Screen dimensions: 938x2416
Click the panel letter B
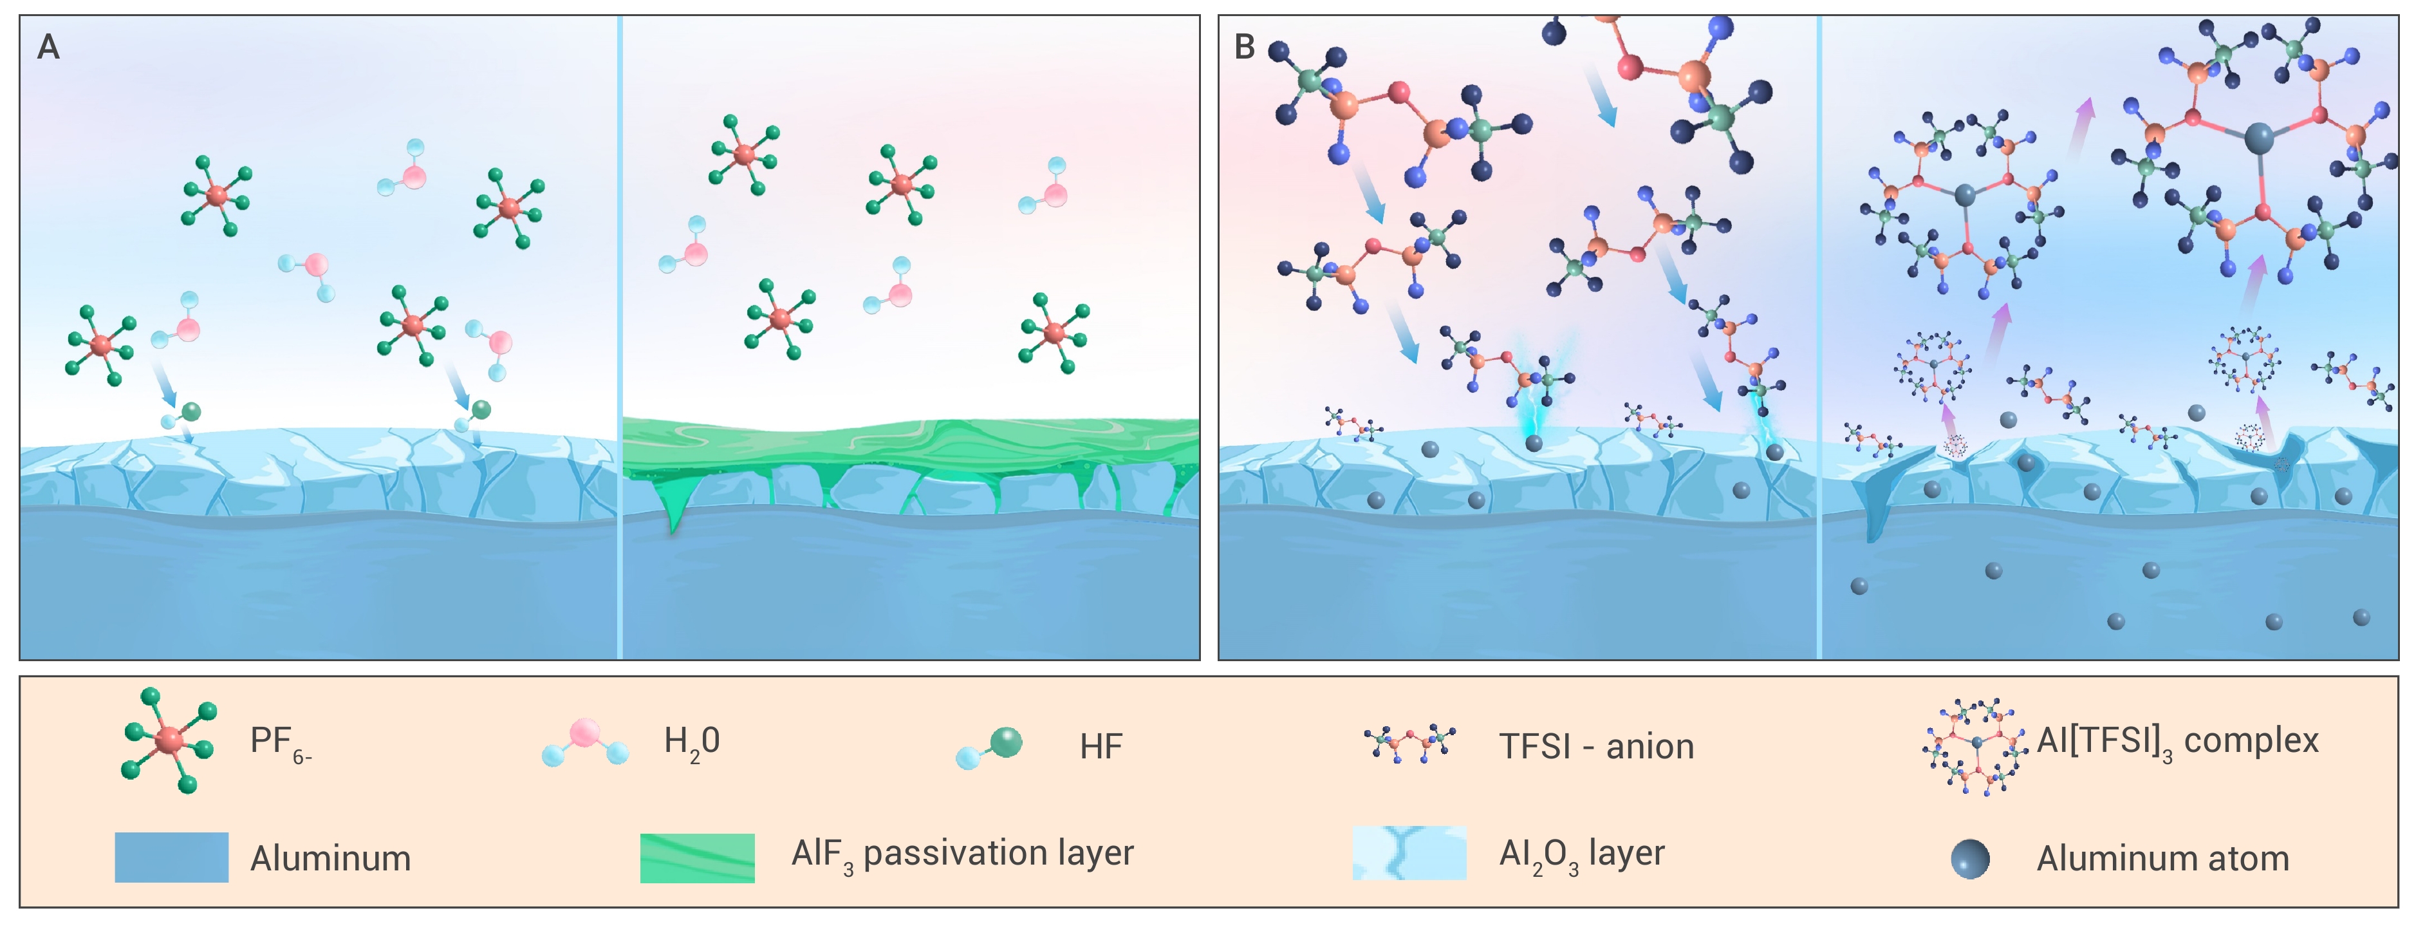(x=1245, y=47)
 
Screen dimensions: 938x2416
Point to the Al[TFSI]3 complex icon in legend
(x=1976, y=747)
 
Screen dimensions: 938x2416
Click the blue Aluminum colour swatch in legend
(x=172, y=858)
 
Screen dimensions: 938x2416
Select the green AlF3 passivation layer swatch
(x=697, y=858)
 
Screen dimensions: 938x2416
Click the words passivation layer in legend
(x=998, y=854)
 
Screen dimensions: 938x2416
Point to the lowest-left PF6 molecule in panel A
(x=101, y=345)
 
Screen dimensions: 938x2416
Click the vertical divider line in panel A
(x=620, y=338)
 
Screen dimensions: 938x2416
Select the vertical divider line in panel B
(x=1819, y=338)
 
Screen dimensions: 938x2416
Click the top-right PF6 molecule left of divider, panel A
(x=509, y=208)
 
